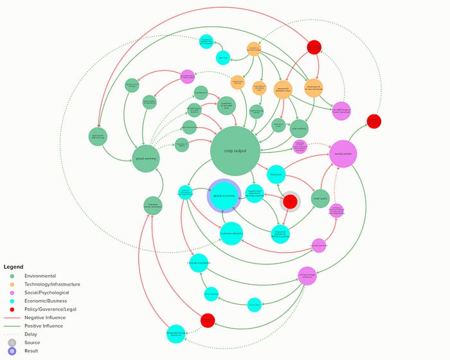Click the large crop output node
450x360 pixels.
tap(235, 151)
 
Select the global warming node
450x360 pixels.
tap(146, 159)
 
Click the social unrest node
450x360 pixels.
tap(343, 154)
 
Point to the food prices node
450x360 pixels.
tap(276, 174)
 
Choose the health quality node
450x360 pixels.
tap(320, 199)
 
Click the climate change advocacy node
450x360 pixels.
tap(307, 276)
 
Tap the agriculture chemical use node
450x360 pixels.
tap(98, 136)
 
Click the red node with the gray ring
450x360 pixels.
tap(291, 201)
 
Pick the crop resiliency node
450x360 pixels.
tap(299, 128)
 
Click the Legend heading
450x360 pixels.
tap(14, 267)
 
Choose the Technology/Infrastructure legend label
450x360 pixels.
tap(52, 284)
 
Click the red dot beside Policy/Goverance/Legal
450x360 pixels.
tap(12, 309)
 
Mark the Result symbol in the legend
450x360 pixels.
tap(12, 351)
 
